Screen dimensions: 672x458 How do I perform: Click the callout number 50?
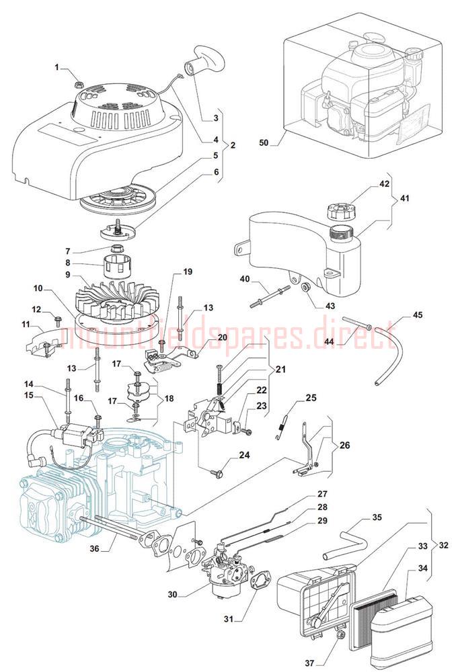point(263,142)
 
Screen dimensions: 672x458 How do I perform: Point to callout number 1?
point(57,67)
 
